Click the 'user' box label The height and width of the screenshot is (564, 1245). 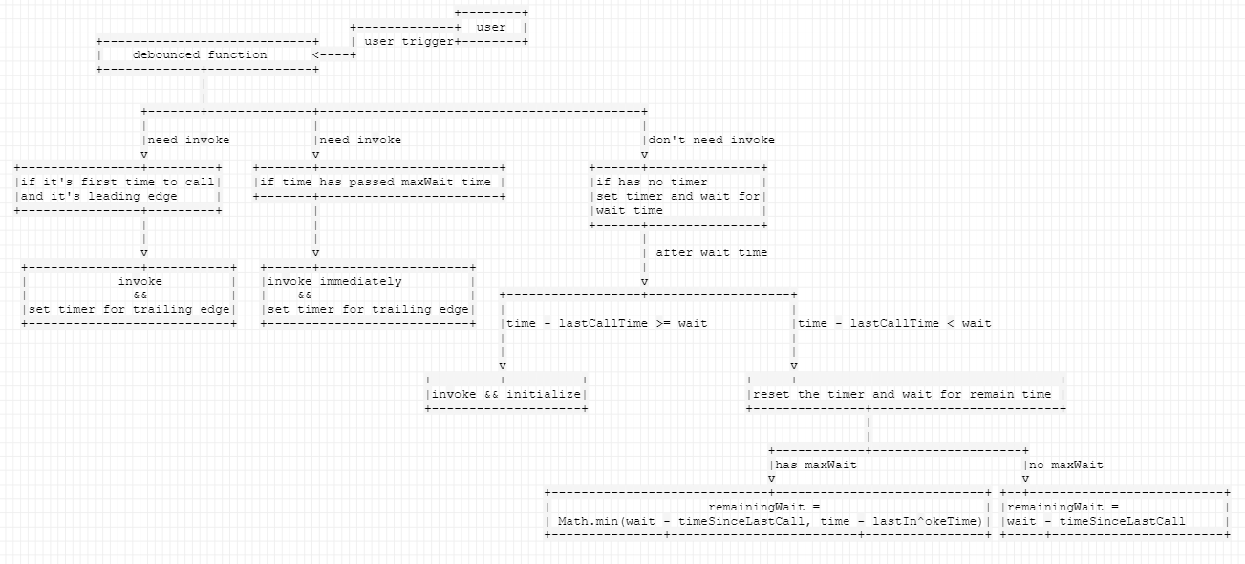click(x=491, y=27)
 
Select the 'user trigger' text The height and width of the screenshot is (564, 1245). click(x=409, y=41)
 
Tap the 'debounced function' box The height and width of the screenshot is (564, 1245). click(x=207, y=55)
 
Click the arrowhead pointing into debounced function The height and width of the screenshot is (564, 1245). click(x=315, y=55)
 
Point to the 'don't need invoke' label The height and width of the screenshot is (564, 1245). click(x=712, y=140)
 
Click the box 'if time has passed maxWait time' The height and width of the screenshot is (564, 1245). click(x=379, y=182)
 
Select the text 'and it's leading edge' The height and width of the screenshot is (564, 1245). click(x=99, y=196)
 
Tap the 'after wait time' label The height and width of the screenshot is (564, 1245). click(x=712, y=252)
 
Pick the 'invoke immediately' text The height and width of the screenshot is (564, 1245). click(x=334, y=281)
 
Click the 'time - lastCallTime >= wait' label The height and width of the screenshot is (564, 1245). click(x=607, y=323)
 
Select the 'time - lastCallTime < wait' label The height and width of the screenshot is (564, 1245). click(x=895, y=323)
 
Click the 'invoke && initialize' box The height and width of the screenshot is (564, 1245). click(x=506, y=395)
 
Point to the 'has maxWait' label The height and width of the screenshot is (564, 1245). click(x=816, y=465)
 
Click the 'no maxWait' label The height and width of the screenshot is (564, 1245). click(x=1066, y=465)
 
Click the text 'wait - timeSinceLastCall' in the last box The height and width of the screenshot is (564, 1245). click(x=1096, y=521)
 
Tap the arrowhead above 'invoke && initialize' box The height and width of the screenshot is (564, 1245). click(x=503, y=366)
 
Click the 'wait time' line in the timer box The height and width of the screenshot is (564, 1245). click(x=629, y=211)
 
